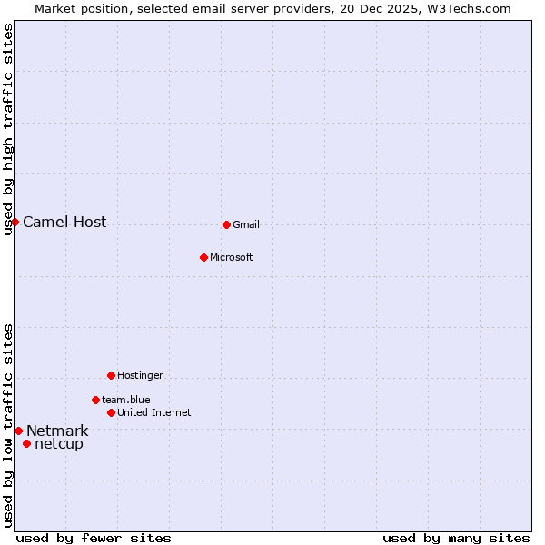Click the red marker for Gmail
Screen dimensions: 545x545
pyautogui.click(x=226, y=224)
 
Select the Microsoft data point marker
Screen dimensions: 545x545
pyautogui.click(x=203, y=257)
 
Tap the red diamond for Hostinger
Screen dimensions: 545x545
pyautogui.click(x=111, y=375)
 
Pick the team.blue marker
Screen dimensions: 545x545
pyautogui.click(x=95, y=400)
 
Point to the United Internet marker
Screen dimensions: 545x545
pyautogui.click(x=111, y=412)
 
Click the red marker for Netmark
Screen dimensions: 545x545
pyautogui.click(x=18, y=431)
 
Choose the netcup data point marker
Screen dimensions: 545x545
pyautogui.click(x=26, y=443)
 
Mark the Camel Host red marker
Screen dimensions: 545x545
pyautogui.click(x=15, y=222)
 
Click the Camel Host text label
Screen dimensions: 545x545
pyautogui.click(x=64, y=223)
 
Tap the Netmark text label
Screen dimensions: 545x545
pyautogui.click(x=57, y=431)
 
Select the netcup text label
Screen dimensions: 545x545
pyautogui.click(x=59, y=444)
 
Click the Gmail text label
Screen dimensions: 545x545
pyautogui.click(x=246, y=225)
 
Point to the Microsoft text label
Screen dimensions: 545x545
pyautogui.click(x=232, y=258)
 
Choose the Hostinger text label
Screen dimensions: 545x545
pyautogui.click(x=140, y=376)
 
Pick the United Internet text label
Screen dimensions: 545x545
pyautogui.click(x=154, y=413)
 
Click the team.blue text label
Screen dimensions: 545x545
pyautogui.click(x=126, y=401)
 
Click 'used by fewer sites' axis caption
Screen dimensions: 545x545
pyautogui.click(x=94, y=539)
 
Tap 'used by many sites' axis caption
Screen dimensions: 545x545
pyautogui.click(x=456, y=539)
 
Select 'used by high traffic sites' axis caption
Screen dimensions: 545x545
pyautogui.click(x=9, y=129)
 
